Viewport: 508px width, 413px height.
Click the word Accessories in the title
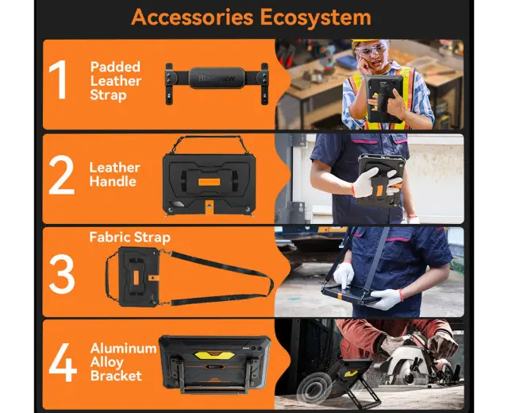[x=192, y=17]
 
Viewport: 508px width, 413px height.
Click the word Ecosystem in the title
[x=316, y=17]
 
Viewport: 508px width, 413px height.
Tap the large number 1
[x=59, y=79]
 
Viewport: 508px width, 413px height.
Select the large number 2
[x=62, y=175]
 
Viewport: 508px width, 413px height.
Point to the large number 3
[x=62, y=274]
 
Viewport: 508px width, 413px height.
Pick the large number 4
[x=63, y=362]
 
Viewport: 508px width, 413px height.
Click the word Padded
[x=115, y=67]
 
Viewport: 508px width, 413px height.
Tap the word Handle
[x=113, y=182]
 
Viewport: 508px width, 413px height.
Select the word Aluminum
[x=124, y=349]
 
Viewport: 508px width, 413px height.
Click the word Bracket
[x=116, y=376]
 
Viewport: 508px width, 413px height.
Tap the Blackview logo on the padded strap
[x=217, y=78]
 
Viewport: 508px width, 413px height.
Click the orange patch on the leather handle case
[x=209, y=182]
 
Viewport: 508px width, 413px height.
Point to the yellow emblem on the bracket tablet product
[x=215, y=355]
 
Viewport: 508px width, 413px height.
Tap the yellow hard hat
[x=365, y=41]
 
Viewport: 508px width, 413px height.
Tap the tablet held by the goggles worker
[x=384, y=97]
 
